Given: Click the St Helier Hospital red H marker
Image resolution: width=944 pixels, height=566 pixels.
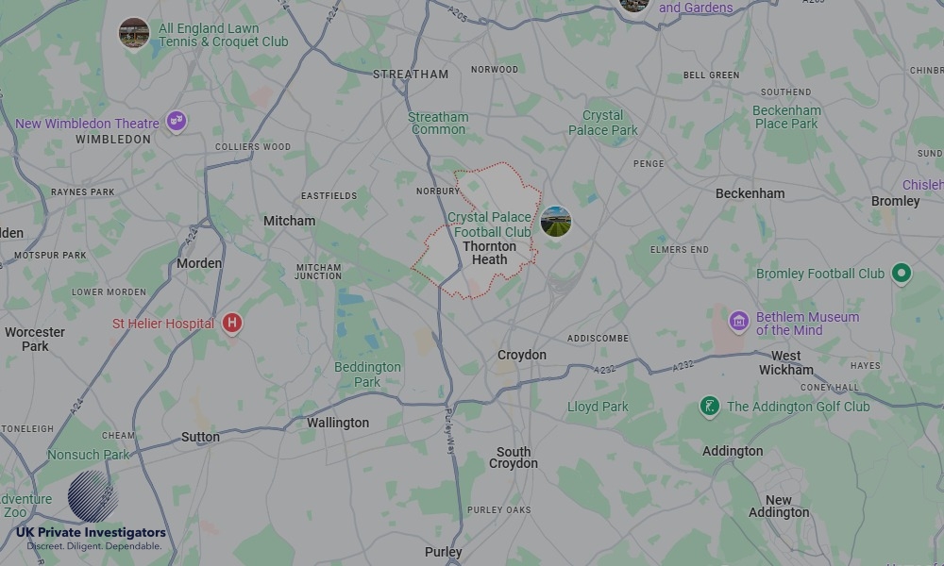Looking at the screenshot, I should click(x=232, y=324).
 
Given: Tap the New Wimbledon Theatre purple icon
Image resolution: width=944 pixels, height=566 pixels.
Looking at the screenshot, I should click(x=175, y=121).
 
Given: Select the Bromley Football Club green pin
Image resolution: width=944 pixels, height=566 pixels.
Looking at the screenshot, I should click(x=902, y=274).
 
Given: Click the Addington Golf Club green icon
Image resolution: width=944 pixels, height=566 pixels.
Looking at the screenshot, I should click(x=709, y=407).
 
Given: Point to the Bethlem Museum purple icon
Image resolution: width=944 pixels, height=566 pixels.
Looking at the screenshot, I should click(x=738, y=322).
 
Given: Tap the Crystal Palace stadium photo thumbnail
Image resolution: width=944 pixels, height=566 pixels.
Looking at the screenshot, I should click(x=556, y=222).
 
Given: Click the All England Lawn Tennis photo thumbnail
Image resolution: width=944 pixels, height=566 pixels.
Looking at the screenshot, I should click(x=134, y=34).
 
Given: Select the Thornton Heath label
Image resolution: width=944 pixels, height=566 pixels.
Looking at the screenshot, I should click(x=489, y=253).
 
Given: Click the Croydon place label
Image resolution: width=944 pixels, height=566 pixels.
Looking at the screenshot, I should click(x=522, y=355).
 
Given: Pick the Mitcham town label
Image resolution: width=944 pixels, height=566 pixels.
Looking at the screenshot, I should click(x=290, y=221).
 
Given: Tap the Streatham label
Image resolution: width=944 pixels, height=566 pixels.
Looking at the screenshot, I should click(x=411, y=74).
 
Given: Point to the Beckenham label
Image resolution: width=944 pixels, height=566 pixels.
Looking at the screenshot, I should click(x=750, y=193).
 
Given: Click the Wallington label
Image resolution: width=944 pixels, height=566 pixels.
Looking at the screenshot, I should click(x=338, y=423).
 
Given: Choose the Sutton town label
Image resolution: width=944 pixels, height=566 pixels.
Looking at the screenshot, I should click(x=200, y=437).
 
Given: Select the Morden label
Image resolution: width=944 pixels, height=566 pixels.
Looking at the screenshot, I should click(x=199, y=263).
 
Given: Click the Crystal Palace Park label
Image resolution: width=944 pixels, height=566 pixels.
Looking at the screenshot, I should click(x=603, y=124).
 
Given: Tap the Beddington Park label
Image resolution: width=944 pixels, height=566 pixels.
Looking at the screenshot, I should click(x=367, y=375).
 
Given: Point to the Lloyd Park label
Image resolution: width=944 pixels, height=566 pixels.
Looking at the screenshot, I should click(x=598, y=407).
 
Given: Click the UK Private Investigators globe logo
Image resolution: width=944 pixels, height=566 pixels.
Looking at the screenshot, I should click(x=93, y=496).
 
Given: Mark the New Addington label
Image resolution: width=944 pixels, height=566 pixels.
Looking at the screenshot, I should click(x=779, y=507).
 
